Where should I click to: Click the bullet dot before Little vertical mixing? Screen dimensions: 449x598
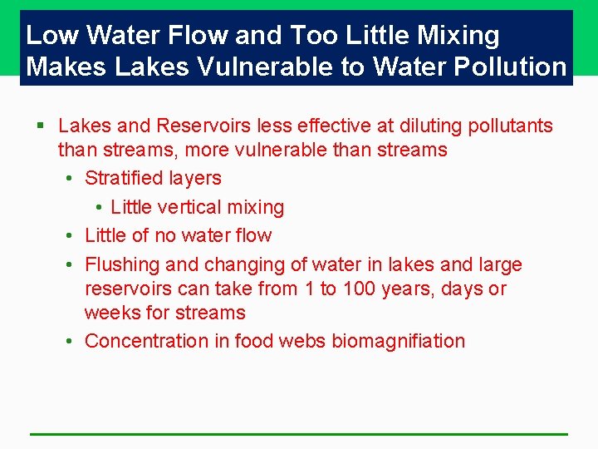point(99,207)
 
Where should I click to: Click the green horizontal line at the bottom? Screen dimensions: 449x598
point(299,434)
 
